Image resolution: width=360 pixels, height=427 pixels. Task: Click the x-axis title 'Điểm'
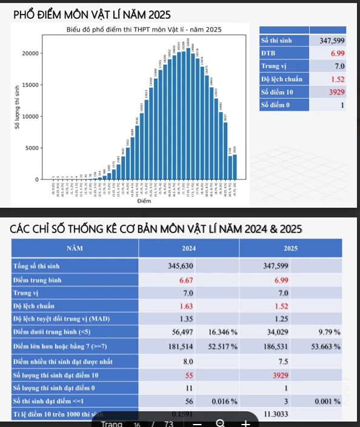143,200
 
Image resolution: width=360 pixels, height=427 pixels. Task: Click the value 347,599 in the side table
332,41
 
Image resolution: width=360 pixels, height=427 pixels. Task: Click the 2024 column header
188,248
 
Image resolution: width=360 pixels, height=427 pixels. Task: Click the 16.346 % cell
222,332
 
